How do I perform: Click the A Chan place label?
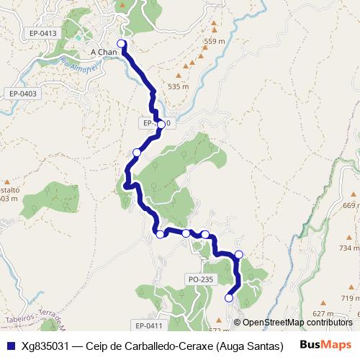104,53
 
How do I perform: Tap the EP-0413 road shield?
43,33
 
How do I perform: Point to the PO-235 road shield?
200,279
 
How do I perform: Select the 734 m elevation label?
348,248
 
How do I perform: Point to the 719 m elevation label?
349,298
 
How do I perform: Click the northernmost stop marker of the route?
122,45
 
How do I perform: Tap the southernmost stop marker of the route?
230,297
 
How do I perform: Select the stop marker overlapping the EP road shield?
162,124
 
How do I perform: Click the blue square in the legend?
10,346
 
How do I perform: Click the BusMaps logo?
325,345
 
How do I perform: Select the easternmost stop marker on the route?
239,254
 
